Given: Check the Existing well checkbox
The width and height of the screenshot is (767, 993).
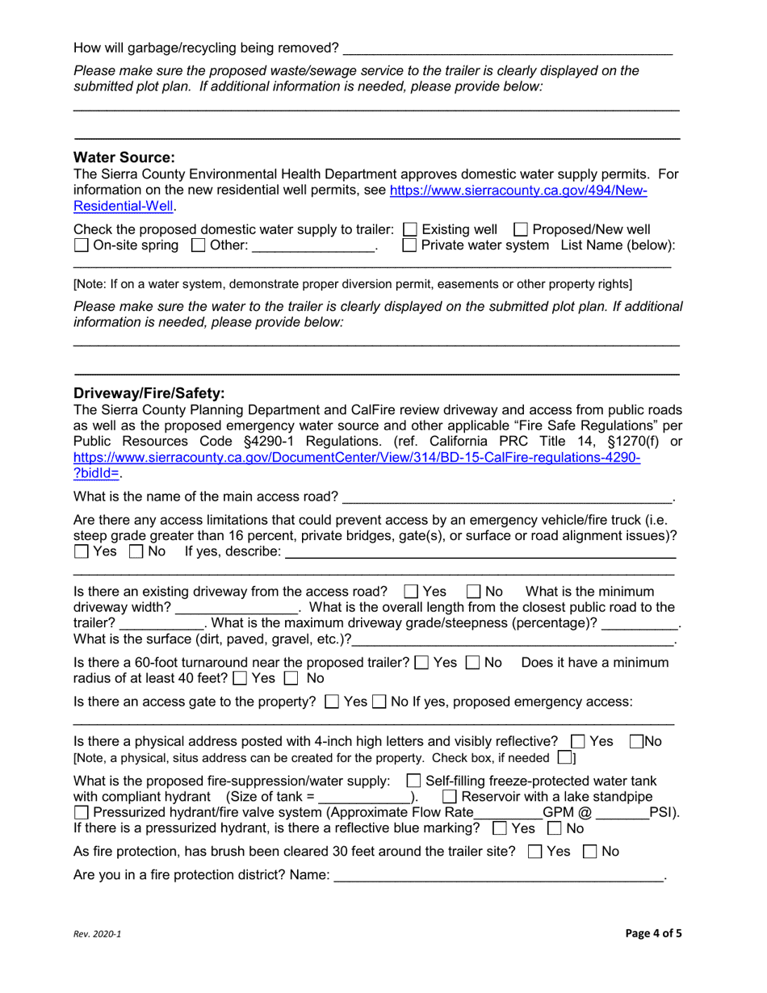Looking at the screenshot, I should [x=409, y=229].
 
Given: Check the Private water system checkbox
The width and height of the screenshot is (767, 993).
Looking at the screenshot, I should [x=409, y=245].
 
